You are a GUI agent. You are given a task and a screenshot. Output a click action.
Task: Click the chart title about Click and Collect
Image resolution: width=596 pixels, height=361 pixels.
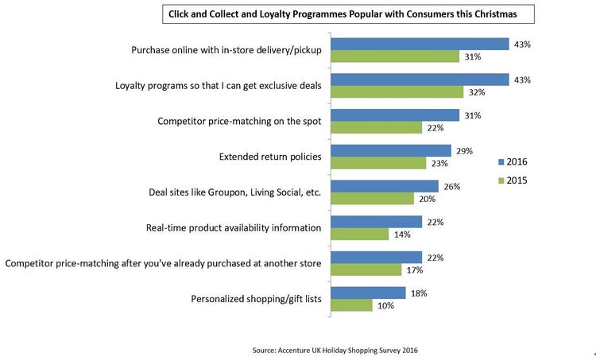point(348,14)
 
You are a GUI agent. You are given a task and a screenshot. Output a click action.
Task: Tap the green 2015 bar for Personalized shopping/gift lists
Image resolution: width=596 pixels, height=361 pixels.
point(351,305)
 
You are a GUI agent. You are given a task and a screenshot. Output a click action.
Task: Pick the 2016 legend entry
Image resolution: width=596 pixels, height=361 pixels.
point(512,162)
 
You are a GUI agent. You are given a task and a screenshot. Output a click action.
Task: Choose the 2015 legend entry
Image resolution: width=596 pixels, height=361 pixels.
point(512,180)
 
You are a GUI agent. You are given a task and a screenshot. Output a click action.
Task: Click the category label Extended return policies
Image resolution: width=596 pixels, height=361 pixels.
point(269,157)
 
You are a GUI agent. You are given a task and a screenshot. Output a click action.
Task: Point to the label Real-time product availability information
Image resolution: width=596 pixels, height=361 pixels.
point(233,228)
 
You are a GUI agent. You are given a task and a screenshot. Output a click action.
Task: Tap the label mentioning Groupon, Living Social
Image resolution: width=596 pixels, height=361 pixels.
point(234,192)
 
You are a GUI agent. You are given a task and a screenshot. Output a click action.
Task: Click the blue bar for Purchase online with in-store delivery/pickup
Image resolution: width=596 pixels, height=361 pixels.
point(419,44)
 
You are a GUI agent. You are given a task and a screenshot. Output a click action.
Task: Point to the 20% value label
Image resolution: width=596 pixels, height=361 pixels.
point(426,199)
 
